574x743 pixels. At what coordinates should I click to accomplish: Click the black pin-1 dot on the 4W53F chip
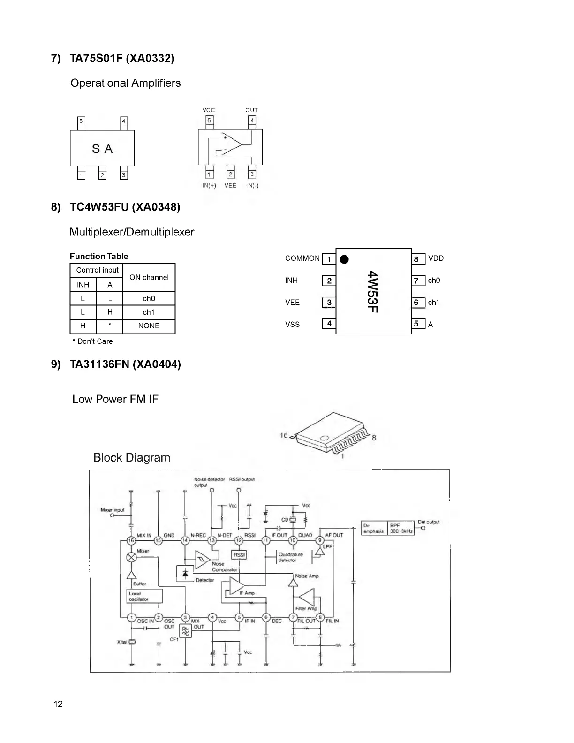click(344, 259)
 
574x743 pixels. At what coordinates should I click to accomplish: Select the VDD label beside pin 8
click(436, 258)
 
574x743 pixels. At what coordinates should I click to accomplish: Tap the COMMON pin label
click(302, 258)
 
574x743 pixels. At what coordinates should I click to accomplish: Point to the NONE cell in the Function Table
click(149, 326)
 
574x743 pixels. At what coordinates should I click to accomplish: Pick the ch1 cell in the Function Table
click(149, 312)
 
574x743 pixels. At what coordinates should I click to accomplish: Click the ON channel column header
click(149, 278)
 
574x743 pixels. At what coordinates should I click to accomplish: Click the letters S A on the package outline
click(102, 149)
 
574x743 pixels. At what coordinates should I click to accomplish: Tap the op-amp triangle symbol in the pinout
click(231, 143)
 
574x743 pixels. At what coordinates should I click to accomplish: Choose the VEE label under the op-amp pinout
click(230, 186)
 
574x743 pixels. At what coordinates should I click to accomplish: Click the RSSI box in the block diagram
click(240, 555)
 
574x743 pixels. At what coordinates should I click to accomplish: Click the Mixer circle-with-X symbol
click(132, 557)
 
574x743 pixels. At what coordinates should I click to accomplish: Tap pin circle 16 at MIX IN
click(132, 541)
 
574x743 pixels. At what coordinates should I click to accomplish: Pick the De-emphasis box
click(374, 529)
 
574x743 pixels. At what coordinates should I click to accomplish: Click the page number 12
click(58, 704)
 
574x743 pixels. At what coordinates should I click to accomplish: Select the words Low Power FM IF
click(115, 399)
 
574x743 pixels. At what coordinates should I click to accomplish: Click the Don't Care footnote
click(93, 341)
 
